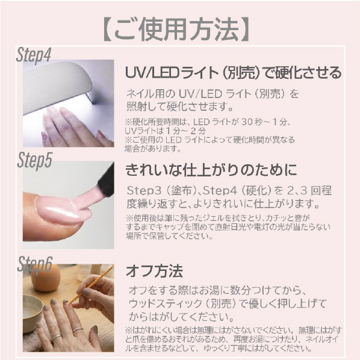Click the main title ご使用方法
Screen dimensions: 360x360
[x=176, y=30]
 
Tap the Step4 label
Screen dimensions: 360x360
[x=34, y=55]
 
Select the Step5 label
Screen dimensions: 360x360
[x=34, y=160]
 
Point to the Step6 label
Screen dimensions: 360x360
[x=35, y=265]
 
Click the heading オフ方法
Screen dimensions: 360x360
[x=154, y=271]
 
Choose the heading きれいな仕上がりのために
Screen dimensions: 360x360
[x=211, y=170]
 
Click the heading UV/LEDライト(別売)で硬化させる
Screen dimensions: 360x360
[x=234, y=72]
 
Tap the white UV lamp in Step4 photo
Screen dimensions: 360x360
[x=57, y=87]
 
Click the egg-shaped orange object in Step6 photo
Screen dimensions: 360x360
[x=46, y=278]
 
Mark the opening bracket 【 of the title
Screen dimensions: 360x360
[x=108, y=30]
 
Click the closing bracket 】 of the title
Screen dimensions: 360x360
[x=244, y=30]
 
